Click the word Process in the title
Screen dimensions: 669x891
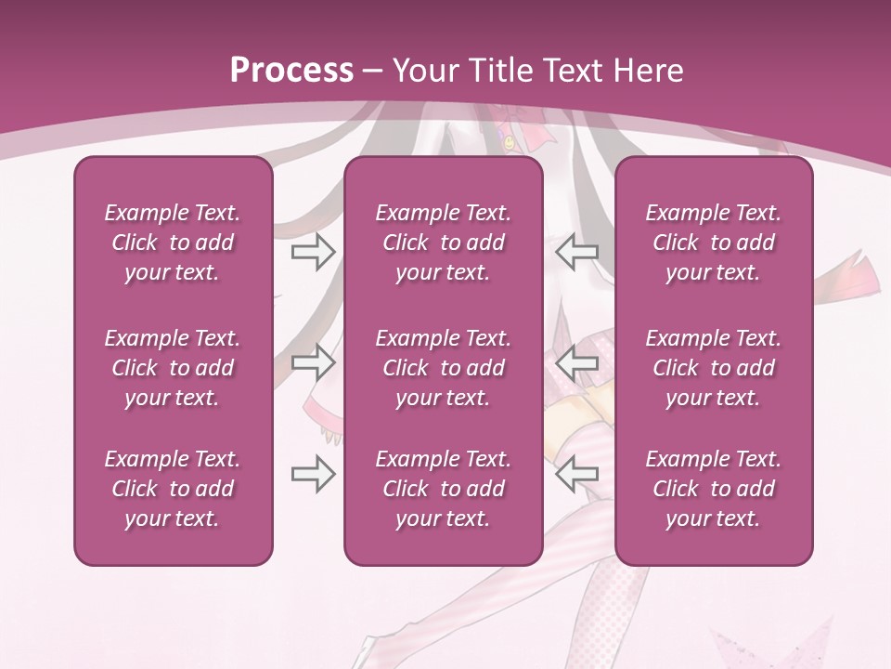pyautogui.click(x=291, y=71)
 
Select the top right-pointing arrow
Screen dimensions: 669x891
pyautogui.click(x=313, y=252)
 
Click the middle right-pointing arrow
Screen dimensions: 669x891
pyautogui.click(x=313, y=362)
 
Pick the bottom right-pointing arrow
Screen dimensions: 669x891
pyautogui.click(x=313, y=475)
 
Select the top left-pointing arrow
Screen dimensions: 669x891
pyautogui.click(x=576, y=252)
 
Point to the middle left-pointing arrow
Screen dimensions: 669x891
pyautogui.click(x=576, y=362)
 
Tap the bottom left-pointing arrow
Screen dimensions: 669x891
pyautogui.click(x=576, y=475)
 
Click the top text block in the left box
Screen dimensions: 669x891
pyautogui.click(x=173, y=243)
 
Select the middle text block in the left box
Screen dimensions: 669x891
pyautogui.click(x=173, y=368)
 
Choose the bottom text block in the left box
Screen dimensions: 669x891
pyautogui.click(x=173, y=489)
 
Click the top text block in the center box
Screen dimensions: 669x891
pyautogui.click(x=443, y=243)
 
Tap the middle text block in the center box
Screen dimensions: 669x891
pyautogui.click(x=443, y=368)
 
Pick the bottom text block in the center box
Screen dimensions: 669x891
pyautogui.click(x=443, y=489)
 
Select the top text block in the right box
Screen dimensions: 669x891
pyautogui.click(x=713, y=243)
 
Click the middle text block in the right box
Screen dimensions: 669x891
pyautogui.click(x=713, y=368)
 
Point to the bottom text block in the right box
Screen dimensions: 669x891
pyautogui.click(x=713, y=489)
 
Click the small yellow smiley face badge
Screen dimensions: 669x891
pyautogui.click(x=510, y=143)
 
